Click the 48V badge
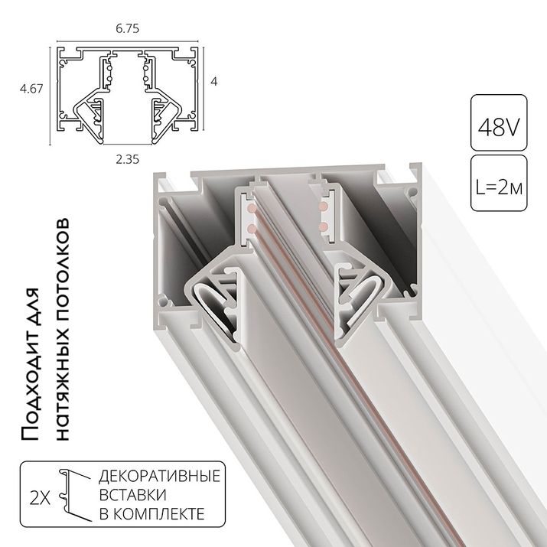(498, 122)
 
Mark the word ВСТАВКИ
(131, 495)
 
